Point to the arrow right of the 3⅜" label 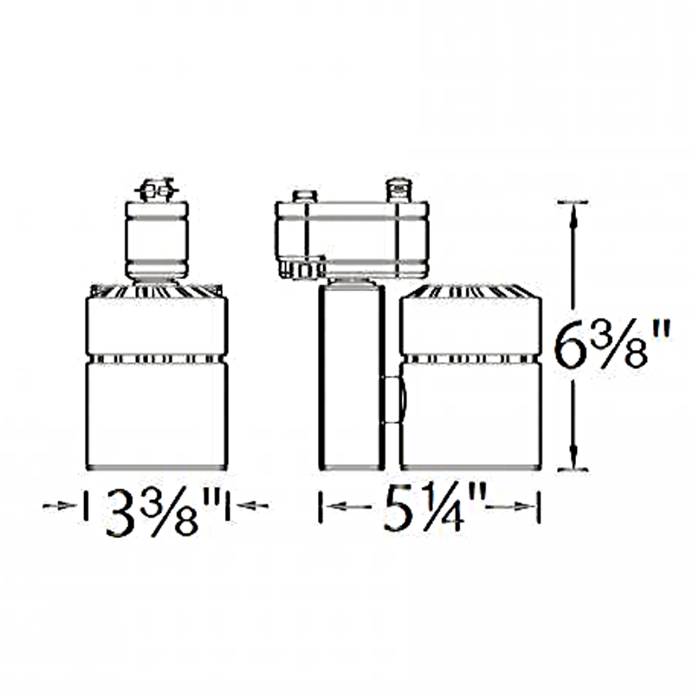point(252,506)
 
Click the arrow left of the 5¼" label point(349,506)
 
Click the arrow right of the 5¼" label point(509,507)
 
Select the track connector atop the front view point(158,191)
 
